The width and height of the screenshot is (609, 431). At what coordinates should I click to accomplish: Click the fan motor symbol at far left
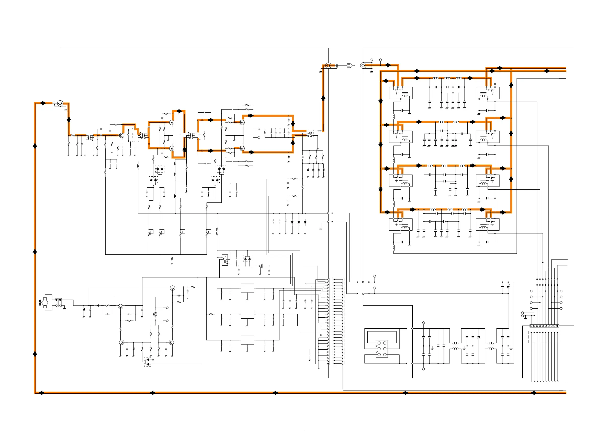pos(44,303)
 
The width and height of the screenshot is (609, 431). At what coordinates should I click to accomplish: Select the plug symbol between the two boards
pos(350,65)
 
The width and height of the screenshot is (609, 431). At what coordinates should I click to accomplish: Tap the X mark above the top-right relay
pos(495,84)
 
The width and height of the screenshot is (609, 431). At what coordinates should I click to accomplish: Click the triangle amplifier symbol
pos(261,266)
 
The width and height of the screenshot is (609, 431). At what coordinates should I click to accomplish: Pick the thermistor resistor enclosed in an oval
pos(155,314)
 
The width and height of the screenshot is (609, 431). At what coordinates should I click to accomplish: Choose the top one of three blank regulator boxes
pos(247,288)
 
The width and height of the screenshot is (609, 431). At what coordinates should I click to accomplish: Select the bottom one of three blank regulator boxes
pos(247,340)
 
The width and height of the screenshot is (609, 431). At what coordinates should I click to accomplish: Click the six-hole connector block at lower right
pos(382,349)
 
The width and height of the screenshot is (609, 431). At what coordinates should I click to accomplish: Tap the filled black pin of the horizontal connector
pos(557,326)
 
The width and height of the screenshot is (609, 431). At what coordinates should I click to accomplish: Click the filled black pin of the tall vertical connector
pos(328,363)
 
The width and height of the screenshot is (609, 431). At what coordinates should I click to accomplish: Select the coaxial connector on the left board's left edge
pos(60,103)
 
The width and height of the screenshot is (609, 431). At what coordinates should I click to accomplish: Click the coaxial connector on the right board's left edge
pos(363,65)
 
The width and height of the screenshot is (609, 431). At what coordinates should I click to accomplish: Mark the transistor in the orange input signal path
pos(121,135)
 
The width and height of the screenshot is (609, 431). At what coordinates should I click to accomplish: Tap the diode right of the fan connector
pos(98,305)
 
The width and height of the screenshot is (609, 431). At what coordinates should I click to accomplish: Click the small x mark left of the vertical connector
pos(321,335)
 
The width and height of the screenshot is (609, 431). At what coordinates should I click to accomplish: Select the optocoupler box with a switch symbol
pos(225,261)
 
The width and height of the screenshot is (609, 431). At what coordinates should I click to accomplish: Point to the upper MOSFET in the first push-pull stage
pos(172,122)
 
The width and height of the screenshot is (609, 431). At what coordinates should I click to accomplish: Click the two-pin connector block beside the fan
pos(58,303)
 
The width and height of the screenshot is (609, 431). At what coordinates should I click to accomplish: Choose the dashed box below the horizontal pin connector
pos(544,337)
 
